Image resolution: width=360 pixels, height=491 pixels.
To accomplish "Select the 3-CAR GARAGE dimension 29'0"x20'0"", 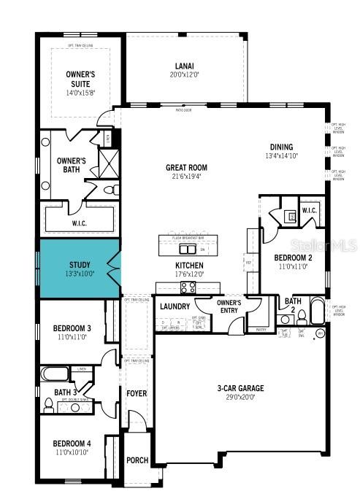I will pos(240,398).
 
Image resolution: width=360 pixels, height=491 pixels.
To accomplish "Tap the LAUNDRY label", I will pos(175,306).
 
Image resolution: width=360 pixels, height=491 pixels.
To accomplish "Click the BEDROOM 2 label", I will pos(294,258).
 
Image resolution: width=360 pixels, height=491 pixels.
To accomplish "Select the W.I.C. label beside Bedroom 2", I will pos(309,212).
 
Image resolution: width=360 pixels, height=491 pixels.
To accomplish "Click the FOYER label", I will pos(137,394).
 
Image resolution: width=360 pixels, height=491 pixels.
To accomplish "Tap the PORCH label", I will pos(137,460).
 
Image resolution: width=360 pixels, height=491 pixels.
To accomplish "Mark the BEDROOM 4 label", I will pos(72,444).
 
